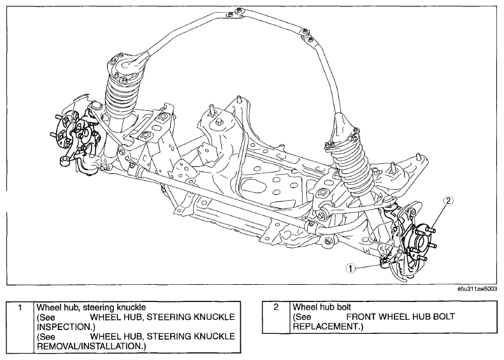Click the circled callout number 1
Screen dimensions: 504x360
pyautogui.click(x=350, y=268)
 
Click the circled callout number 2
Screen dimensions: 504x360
pyautogui.click(x=449, y=201)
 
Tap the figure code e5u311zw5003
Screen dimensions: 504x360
pyautogui.click(x=477, y=289)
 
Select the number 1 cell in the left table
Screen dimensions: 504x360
pyautogui.click(x=20, y=327)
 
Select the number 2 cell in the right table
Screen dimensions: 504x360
pyautogui.click(x=276, y=317)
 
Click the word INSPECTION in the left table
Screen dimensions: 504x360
pyautogui.click(x=64, y=327)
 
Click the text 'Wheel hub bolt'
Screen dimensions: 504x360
pyautogui.click(x=322, y=307)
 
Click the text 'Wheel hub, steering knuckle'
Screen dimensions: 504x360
pyautogui.click(x=91, y=307)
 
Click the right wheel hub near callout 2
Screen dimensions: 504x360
pyautogui.click(x=417, y=240)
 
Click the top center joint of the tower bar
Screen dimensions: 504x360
pyautogui.click(x=233, y=13)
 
